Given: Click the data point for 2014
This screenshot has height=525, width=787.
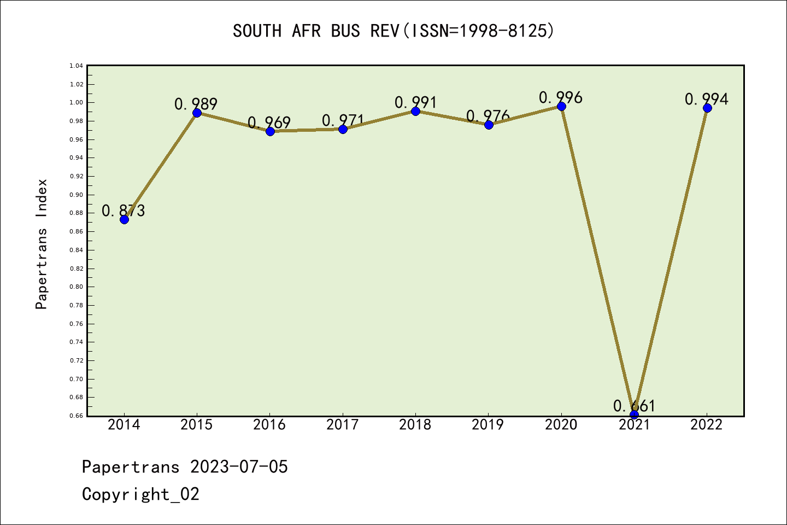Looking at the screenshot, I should [124, 219].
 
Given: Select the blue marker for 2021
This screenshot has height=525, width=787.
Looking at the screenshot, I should [634, 415].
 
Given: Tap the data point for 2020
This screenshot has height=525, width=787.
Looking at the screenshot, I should [561, 106].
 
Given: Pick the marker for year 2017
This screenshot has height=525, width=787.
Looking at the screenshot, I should [343, 129].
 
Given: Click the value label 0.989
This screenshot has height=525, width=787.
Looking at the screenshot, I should [196, 104].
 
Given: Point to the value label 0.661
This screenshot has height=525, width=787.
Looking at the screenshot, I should [634, 406].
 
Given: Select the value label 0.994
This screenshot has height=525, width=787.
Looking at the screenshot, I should [707, 99].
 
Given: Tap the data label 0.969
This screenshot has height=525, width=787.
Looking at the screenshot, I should [269, 122].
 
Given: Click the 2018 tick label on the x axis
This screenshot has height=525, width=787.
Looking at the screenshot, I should [415, 425].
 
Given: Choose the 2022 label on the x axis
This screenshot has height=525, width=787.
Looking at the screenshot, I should [707, 425].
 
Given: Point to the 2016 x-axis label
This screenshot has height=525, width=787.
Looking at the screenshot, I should [269, 425].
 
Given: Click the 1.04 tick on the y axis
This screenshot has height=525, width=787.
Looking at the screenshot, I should [77, 66].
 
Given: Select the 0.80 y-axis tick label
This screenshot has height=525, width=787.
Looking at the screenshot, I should [77, 287].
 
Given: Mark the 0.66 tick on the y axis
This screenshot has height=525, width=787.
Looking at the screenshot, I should [77, 416].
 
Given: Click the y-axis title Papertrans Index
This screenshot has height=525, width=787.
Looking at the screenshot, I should [42, 244].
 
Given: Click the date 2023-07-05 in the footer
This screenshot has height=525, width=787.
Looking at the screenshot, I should [239, 467].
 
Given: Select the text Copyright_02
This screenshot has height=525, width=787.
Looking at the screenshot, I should [140, 494].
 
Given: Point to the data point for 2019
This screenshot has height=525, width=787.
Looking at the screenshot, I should [489, 125].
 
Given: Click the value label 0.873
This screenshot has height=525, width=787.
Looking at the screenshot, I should [124, 211].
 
